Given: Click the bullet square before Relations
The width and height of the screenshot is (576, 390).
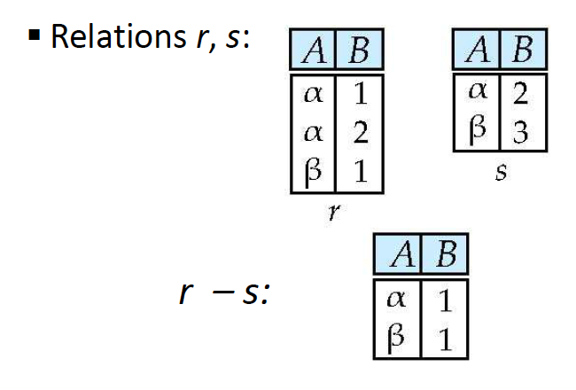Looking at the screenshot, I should click(x=33, y=38).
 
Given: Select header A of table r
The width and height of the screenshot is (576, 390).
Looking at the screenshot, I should click(x=312, y=52).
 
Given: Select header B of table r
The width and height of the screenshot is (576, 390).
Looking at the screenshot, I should click(x=358, y=52).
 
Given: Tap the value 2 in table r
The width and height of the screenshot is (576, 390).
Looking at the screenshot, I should click(x=360, y=133).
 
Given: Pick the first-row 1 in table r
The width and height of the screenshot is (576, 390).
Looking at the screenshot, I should click(x=360, y=92).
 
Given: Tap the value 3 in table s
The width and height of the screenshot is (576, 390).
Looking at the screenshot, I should click(x=521, y=134).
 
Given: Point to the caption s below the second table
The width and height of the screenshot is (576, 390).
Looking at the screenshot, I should click(x=499, y=173).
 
